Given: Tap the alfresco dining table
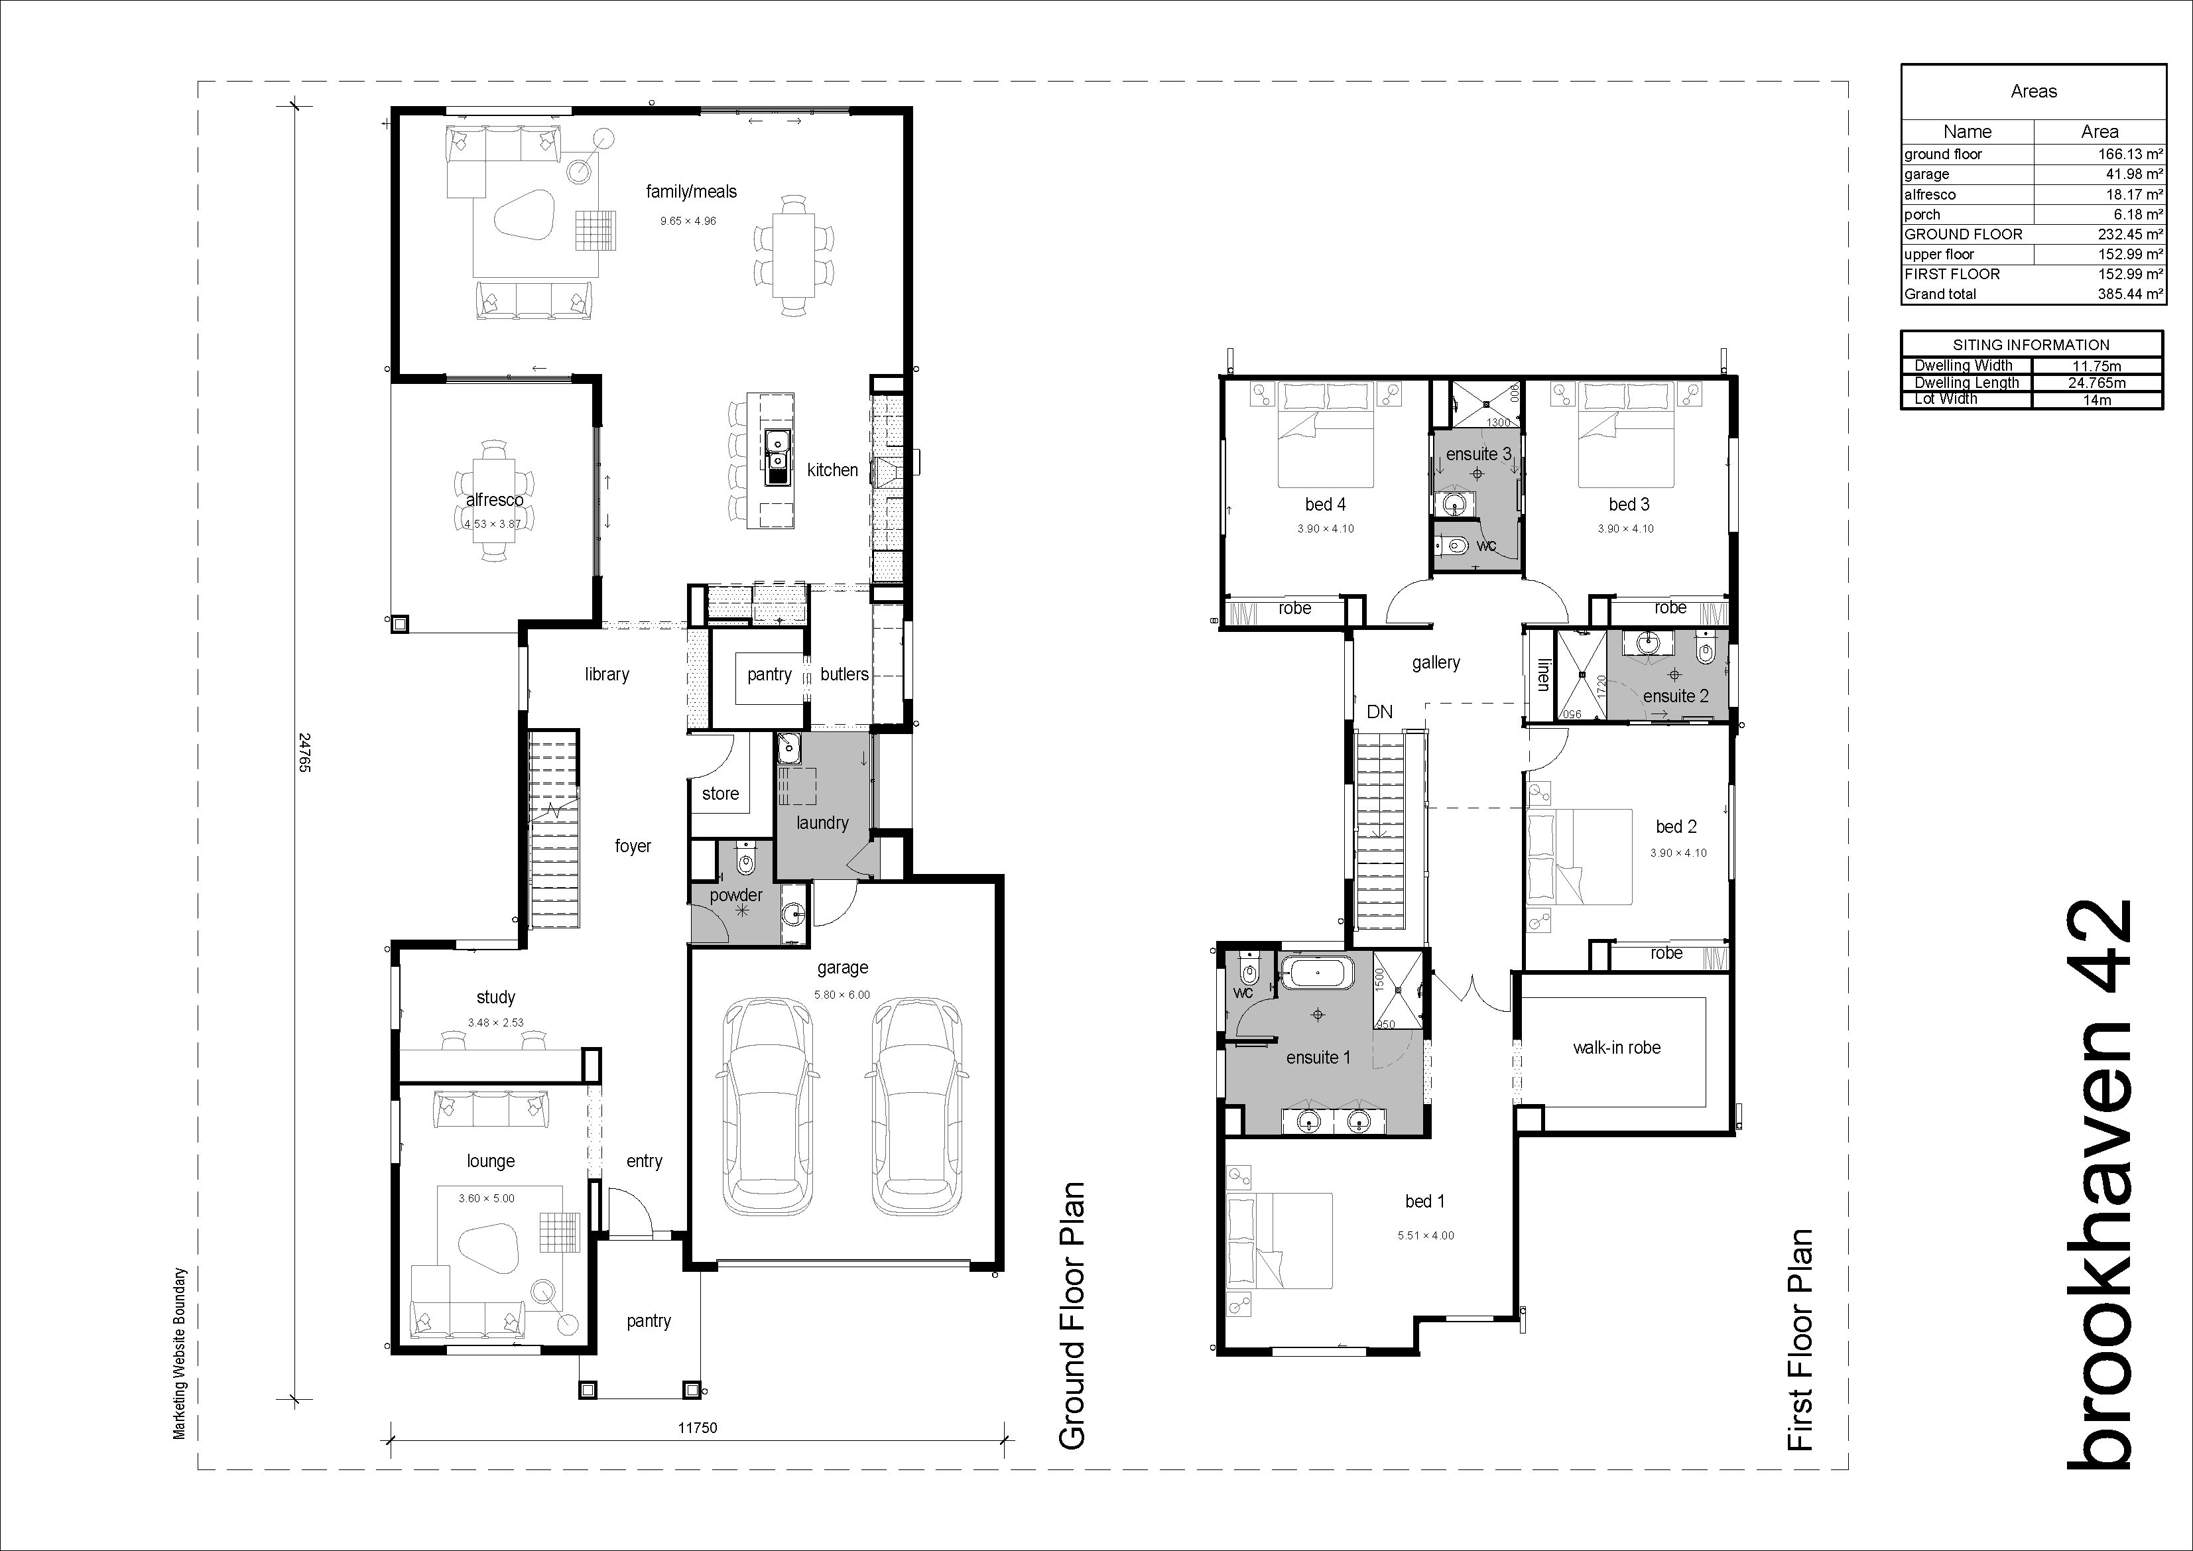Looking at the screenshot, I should [x=494, y=503].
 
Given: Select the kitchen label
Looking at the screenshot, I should [x=832, y=470].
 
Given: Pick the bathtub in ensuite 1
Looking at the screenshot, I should [x=1317, y=973].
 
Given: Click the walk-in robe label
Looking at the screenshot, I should [x=1616, y=1048].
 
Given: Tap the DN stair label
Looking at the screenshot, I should [x=1379, y=712].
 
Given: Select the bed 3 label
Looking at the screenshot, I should [x=1629, y=504].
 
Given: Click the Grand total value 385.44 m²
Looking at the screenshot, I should [x=2130, y=294].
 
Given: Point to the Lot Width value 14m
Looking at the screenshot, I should [x=2097, y=400].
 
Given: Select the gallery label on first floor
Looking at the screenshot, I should [x=1436, y=663].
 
